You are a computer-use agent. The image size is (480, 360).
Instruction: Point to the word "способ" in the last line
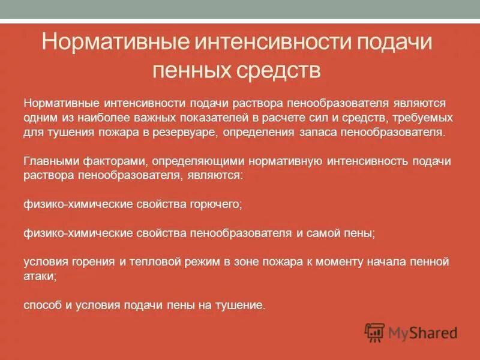(x=43, y=305)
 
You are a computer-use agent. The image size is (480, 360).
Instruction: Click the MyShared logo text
(x=422, y=332)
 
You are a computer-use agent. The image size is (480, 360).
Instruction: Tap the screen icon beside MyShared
(x=375, y=332)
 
